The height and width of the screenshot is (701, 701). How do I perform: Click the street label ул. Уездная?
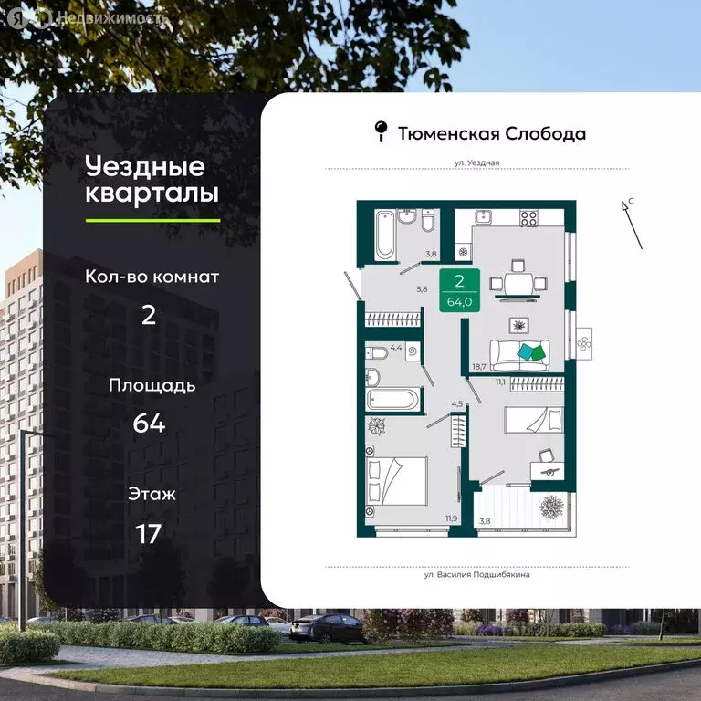[476, 162]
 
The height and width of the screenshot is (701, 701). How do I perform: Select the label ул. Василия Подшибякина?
[476, 575]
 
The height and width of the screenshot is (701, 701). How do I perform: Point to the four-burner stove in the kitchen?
[528, 218]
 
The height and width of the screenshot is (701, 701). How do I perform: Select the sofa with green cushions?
[519, 352]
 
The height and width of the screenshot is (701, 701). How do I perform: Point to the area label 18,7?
[478, 368]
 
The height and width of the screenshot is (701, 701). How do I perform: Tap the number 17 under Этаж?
[148, 533]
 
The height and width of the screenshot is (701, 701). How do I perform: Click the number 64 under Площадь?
[148, 424]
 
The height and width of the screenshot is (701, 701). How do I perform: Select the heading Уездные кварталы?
[152, 180]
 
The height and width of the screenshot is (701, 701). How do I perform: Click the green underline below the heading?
[152, 220]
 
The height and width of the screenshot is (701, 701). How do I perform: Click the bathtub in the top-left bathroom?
[384, 235]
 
